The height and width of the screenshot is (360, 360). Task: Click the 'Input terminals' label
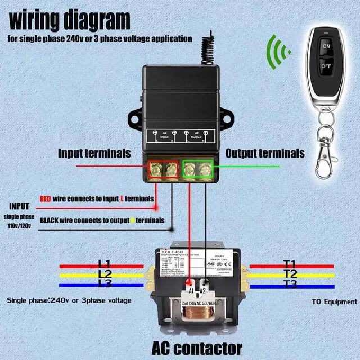(x=94, y=153)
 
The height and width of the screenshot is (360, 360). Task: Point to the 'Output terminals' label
(x=265, y=153)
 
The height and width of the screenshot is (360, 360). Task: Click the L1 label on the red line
(x=105, y=263)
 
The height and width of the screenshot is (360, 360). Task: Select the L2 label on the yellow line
(x=105, y=274)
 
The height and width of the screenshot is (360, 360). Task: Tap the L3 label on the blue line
(x=105, y=284)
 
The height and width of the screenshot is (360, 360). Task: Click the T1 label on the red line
(x=290, y=263)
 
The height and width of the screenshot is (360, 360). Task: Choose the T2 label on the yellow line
(x=290, y=274)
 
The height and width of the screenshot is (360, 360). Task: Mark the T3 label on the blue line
(x=290, y=284)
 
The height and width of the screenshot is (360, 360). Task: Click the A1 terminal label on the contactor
(x=191, y=290)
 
